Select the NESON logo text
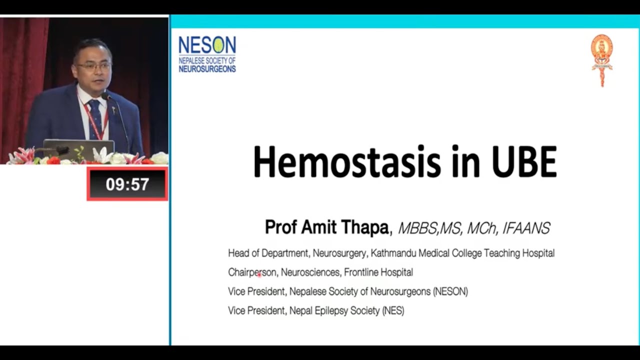[x=207, y=45]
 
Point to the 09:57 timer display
[x=127, y=184]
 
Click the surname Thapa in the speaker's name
[x=364, y=227]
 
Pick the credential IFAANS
[x=526, y=228]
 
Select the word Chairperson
[x=252, y=272]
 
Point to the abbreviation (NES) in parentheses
[x=393, y=311]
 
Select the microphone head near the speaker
[x=107, y=96]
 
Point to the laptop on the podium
[x=78, y=149]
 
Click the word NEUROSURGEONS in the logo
[x=207, y=69]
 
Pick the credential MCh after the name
[x=482, y=228]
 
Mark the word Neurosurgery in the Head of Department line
[x=339, y=253]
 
